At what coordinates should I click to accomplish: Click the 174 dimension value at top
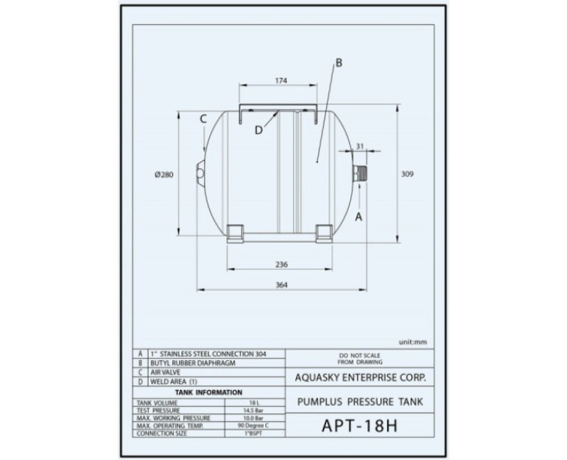[281, 81]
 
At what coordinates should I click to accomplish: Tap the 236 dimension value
[281, 264]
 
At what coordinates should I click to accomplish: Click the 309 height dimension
[407, 174]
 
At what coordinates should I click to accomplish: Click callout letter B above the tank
[338, 63]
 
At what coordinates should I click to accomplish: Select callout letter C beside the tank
[203, 120]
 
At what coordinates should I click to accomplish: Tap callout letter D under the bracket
[259, 129]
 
